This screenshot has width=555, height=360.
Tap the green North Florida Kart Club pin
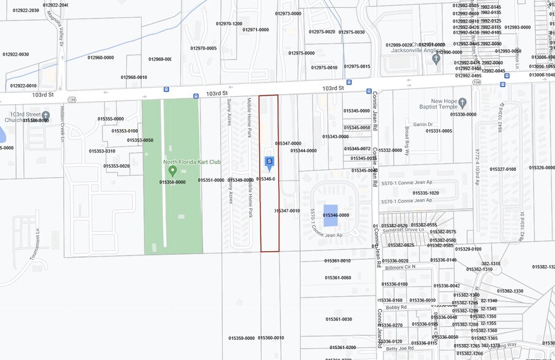click(x=172, y=170)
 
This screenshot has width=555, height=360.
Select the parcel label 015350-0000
click(x=172, y=182)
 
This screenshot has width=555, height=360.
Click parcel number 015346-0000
click(x=336, y=216)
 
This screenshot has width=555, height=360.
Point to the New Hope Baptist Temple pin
click(x=462, y=103)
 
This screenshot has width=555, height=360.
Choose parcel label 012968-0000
click(x=100, y=58)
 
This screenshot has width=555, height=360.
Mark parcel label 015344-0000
click(x=303, y=151)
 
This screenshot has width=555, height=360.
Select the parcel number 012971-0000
click(x=255, y=29)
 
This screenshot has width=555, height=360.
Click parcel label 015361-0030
click(x=339, y=319)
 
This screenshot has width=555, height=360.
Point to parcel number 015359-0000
click(x=241, y=338)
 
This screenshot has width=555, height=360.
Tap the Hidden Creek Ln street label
click(x=62, y=126)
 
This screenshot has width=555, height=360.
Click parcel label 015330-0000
click(x=463, y=114)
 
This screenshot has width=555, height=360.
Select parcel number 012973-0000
click(x=288, y=13)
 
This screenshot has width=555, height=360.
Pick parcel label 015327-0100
click(x=502, y=169)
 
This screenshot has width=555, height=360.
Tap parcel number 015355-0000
click(x=110, y=119)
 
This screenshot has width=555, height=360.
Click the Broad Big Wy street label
click(x=407, y=141)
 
